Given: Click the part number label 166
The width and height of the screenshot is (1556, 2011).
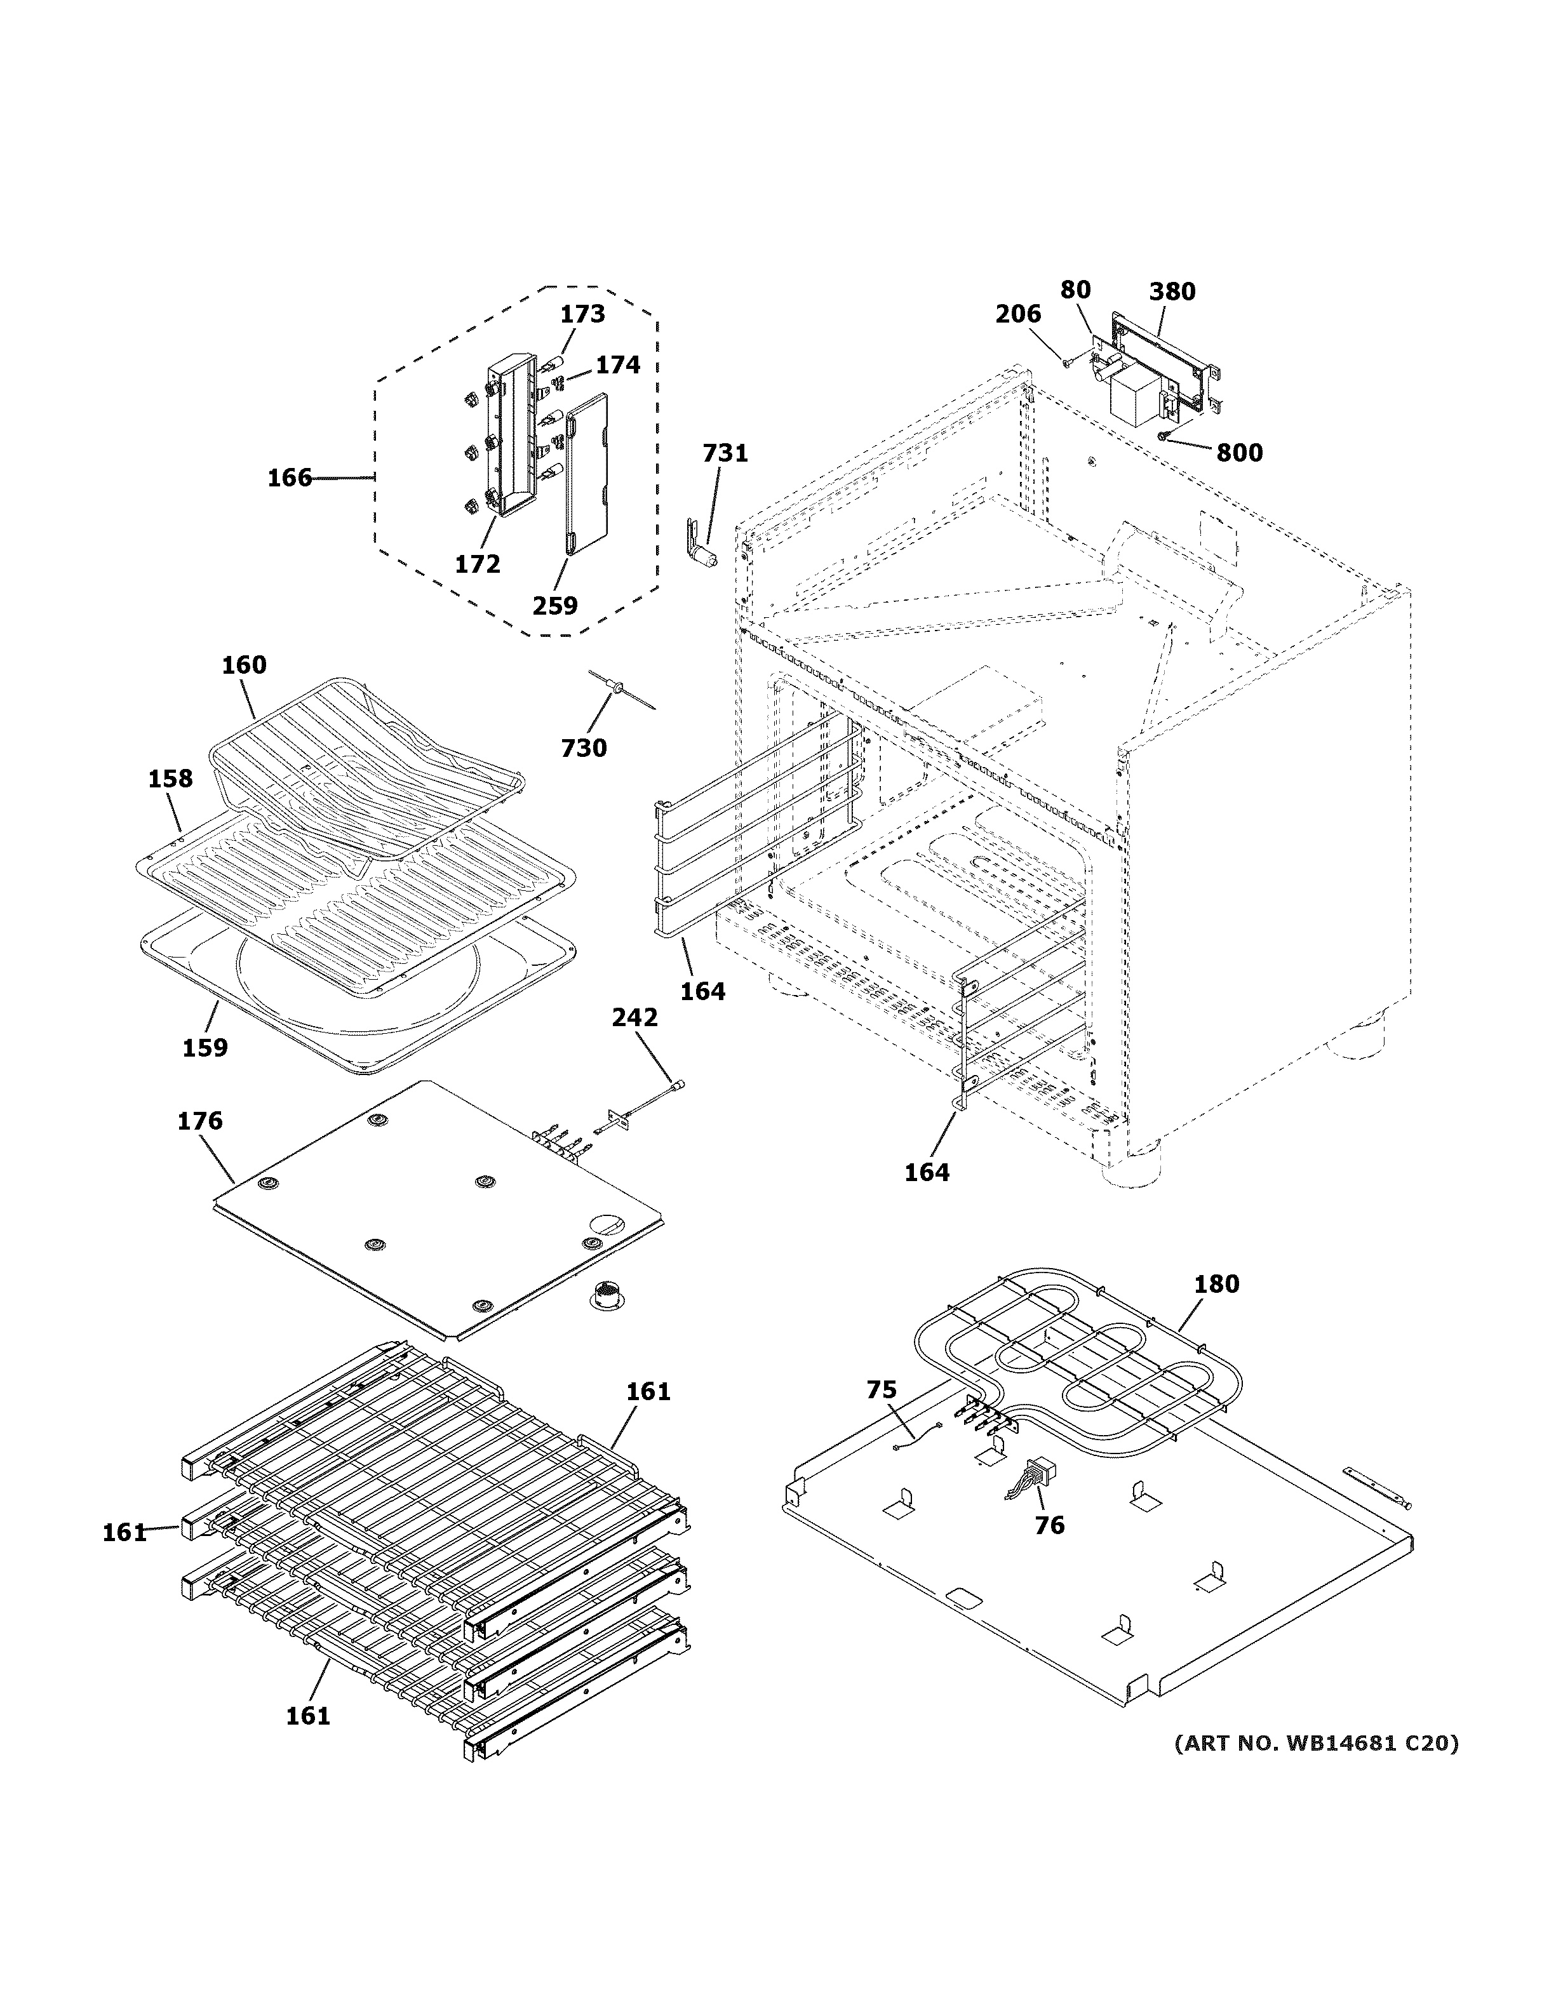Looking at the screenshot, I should (289, 478).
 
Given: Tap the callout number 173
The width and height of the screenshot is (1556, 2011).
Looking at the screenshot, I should (583, 314).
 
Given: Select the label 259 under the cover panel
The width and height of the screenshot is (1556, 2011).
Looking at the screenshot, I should (555, 605).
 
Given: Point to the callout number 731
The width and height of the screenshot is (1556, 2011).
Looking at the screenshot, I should (725, 453).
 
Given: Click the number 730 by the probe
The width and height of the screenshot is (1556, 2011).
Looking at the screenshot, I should (584, 747).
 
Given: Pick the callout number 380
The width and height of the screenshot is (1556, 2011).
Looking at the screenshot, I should (1172, 292).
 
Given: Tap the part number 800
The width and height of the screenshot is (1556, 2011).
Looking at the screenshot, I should (1239, 453).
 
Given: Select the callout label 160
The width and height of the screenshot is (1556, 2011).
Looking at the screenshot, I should (244, 665).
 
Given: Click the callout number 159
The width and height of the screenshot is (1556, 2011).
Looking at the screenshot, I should (205, 1048).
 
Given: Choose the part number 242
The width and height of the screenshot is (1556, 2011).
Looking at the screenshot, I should (634, 1017).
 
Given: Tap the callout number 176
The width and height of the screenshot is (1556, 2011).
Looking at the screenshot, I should (200, 1121).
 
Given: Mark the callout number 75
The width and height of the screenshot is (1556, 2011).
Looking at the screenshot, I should (881, 1389).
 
